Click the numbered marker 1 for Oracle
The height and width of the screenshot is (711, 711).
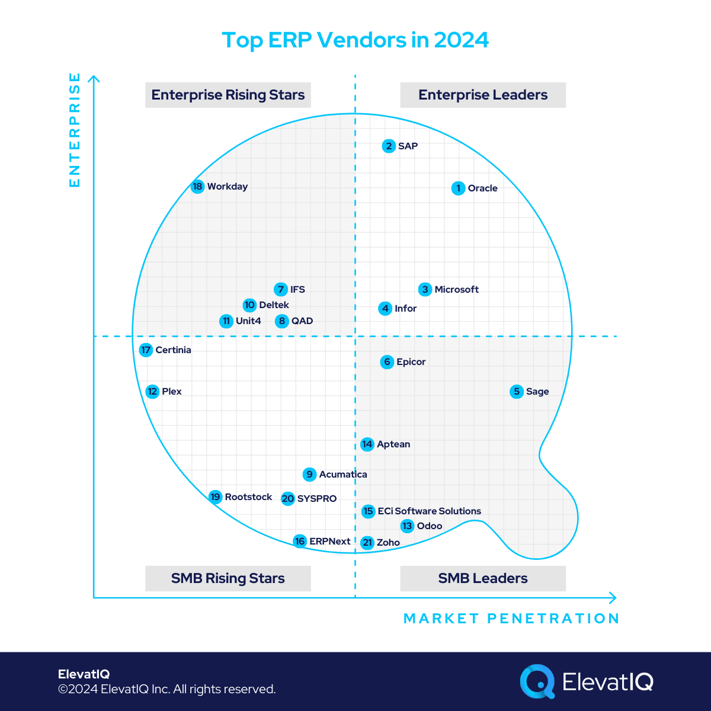click(x=458, y=188)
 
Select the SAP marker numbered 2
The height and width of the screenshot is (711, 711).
click(x=389, y=146)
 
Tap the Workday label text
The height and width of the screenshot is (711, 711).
click(x=228, y=187)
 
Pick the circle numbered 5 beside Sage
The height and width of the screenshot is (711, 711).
click(x=517, y=392)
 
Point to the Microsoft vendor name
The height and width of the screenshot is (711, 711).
click(x=456, y=290)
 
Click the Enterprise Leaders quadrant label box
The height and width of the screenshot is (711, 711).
click(x=483, y=95)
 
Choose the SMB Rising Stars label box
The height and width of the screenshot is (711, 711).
click(x=228, y=578)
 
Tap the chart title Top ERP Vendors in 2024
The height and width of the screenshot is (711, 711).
click(x=355, y=40)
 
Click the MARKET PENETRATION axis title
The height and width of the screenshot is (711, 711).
click(x=511, y=619)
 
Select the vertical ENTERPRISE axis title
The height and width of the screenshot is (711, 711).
click(x=75, y=130)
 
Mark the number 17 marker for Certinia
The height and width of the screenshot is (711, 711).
click(x=146, y=350)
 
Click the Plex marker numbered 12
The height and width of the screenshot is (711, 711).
click(x=153, y=392)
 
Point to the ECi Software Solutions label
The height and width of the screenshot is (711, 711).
click(x=430, y=511)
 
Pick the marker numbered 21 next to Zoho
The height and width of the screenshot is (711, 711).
click(x=367, y=543)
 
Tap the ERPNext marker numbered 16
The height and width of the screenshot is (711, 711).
click(x=300, y=542)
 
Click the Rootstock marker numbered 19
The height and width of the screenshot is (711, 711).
click(x=216, y=497)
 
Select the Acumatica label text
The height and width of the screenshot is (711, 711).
click(x=343, y=475)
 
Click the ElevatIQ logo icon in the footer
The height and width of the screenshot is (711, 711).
click(x=537, y=681)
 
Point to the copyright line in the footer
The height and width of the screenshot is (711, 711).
click(x=166, y=689)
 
